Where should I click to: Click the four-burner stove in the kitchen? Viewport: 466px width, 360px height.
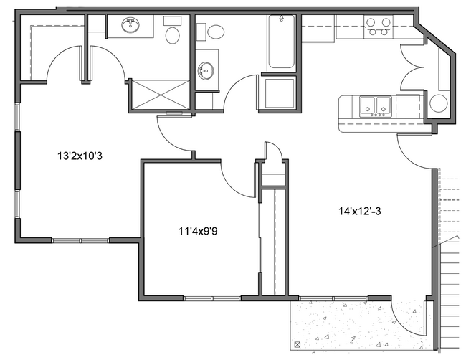[x=379, y=27]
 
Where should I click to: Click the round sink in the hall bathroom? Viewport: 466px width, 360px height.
[x=205, y=70]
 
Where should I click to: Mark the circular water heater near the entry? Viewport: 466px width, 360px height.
[x=437, y=103]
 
